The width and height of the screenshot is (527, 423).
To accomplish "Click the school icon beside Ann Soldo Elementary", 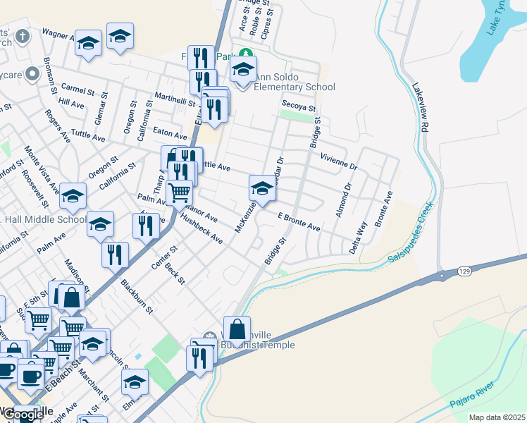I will tap(244, 71).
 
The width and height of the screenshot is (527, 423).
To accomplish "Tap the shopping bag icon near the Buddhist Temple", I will tap(237, 329).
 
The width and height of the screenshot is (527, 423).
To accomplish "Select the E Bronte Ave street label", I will tap(299, 222).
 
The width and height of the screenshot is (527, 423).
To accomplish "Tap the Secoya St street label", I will tap(296, 104).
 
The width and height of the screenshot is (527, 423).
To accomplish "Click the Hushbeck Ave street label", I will tap(201, 230).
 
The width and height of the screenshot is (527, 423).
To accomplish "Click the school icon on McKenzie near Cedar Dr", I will tap(261, 189).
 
